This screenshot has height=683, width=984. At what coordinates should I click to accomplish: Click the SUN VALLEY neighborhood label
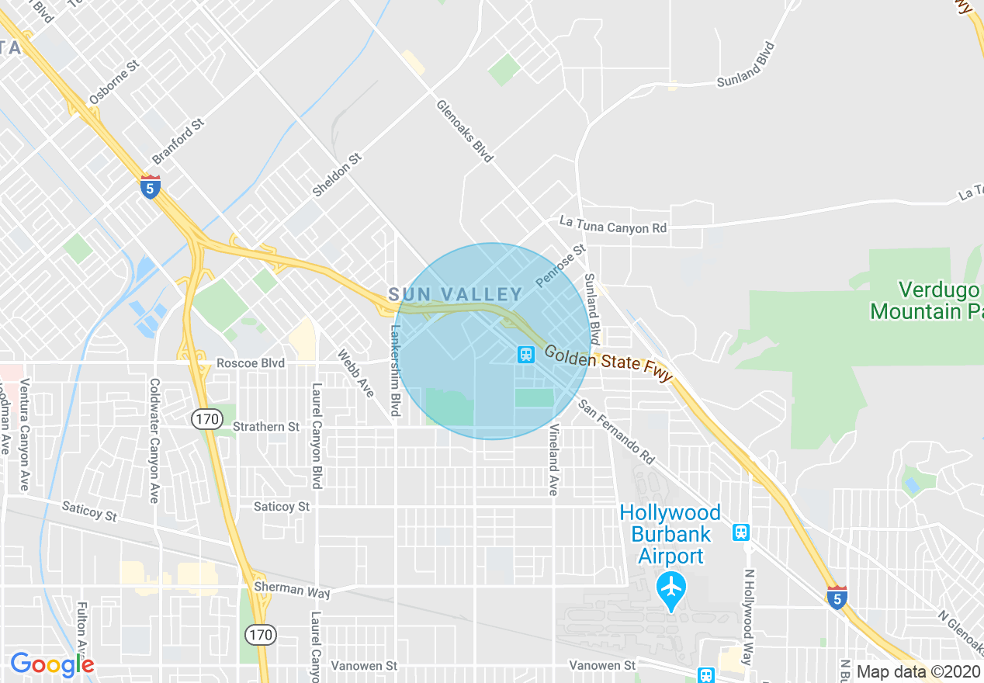pyautogui.click(x=456, y=294)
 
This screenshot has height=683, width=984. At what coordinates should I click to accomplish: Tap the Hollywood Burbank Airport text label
pyautogui.click(x=670, y=535)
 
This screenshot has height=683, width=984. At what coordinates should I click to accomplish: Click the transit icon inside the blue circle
pyautogui.click(x=526, y=355)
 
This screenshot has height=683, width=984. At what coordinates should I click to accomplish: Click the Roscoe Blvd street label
pyautogui.click(x=251, y=363)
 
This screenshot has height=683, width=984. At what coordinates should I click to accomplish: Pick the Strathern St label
pyautogui.click(x=266, y=427)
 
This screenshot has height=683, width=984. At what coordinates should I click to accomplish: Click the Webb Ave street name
pyautogui.click(x=356, y=373)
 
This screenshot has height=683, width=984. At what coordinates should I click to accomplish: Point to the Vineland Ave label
pyautogui.click(x=554, y=460)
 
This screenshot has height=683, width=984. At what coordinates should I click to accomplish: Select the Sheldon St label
pyautogui.click(x=338, y=175)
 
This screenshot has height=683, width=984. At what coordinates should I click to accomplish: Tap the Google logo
pyautogui.click(x=52, y=664)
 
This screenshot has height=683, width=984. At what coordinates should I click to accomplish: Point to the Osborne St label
pyautogui.click(x=113, y=81)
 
